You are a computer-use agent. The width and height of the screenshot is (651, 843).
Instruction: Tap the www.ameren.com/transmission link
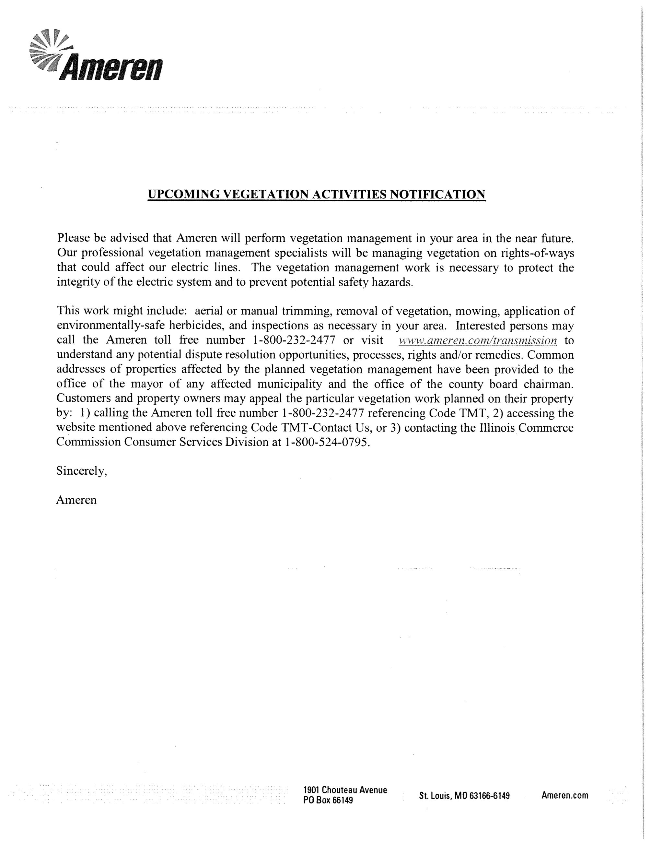pyautogui.click(x=477, y=340)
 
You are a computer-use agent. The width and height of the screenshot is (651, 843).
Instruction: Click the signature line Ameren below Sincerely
pyautogui.click(x=76, y=500)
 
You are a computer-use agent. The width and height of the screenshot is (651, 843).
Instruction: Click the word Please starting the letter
pyautogui.click(x=73, y=238)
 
